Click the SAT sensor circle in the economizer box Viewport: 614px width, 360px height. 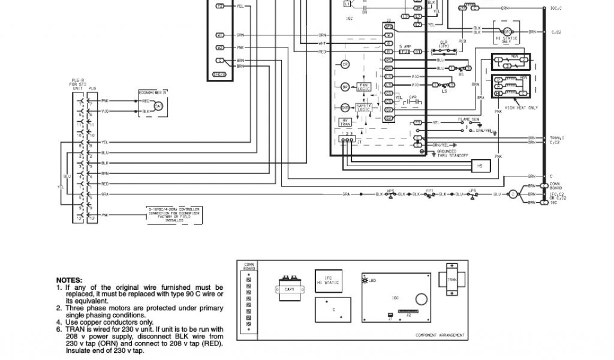click(x=158, y=106)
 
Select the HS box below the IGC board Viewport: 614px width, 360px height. click(x=479, y=166)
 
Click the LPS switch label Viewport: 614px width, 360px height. click(x=472, y=190)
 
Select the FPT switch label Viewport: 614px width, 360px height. click(x=430, y=190)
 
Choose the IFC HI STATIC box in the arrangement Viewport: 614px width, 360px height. click(x=328, y=281)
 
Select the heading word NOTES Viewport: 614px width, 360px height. click(x=70, y=280)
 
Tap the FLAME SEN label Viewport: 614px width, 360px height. click(x=469, y=119)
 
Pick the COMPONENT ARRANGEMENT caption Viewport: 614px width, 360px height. click(x=440, y=335)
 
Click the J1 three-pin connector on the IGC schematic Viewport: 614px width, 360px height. click(x=346, y=139)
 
